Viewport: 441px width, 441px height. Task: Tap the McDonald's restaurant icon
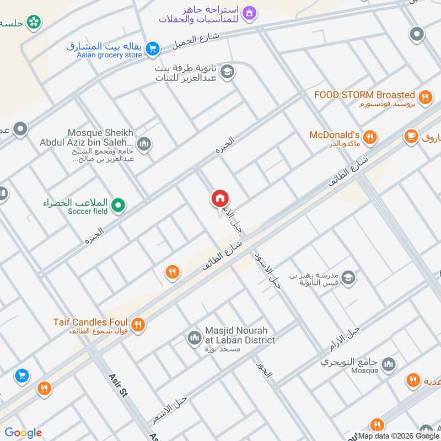click(x=370, y=137)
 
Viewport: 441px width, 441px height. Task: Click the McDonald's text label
click(x=335, y=135)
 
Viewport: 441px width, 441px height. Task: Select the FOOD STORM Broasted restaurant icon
click(x=424, y=98)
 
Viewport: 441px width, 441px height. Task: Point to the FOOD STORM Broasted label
click(x=364, y=95)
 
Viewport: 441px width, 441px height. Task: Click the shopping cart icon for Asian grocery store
click(x=153, y=50)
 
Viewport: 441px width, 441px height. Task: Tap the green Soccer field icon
click(x=117, y=206)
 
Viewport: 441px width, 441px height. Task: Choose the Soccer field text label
click(x=88, y=211)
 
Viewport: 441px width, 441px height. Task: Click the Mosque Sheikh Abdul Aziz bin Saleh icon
click(x=144, y=144)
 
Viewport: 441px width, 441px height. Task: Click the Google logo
click(x=23, y=433)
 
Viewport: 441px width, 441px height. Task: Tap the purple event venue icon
click(x=250, y=13)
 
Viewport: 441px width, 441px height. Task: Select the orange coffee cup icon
click(x=410, y=135)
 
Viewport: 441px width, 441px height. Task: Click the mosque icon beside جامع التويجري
click(x=389, y=363)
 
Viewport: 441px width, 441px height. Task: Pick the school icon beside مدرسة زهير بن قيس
click(x=348, y=278)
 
